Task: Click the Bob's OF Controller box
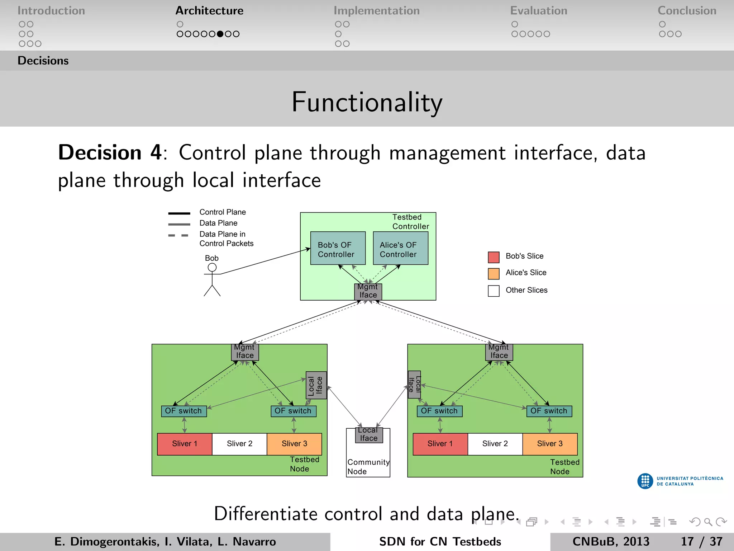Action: [338, 248]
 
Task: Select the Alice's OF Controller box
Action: [400, 248]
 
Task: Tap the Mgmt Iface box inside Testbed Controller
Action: [368, 291]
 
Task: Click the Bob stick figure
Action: [212, 280]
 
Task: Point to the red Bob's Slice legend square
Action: [494, 257]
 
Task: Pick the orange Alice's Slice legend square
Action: [494, 274]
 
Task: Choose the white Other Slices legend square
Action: [494, 291]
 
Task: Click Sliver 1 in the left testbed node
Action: [185, 444]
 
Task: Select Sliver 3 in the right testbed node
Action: [550, 444]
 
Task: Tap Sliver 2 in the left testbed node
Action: [239, 444]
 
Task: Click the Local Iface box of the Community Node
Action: [369, 435]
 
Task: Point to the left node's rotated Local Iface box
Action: [316, 385]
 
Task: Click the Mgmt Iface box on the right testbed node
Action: [499, 352]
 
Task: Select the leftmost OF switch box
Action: [184, 411]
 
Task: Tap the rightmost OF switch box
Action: [549, 411]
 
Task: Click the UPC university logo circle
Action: [645, 481]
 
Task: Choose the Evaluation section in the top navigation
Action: [538, 11]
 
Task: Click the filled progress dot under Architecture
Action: [220, 34]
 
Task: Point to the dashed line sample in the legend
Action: [178, 235]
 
